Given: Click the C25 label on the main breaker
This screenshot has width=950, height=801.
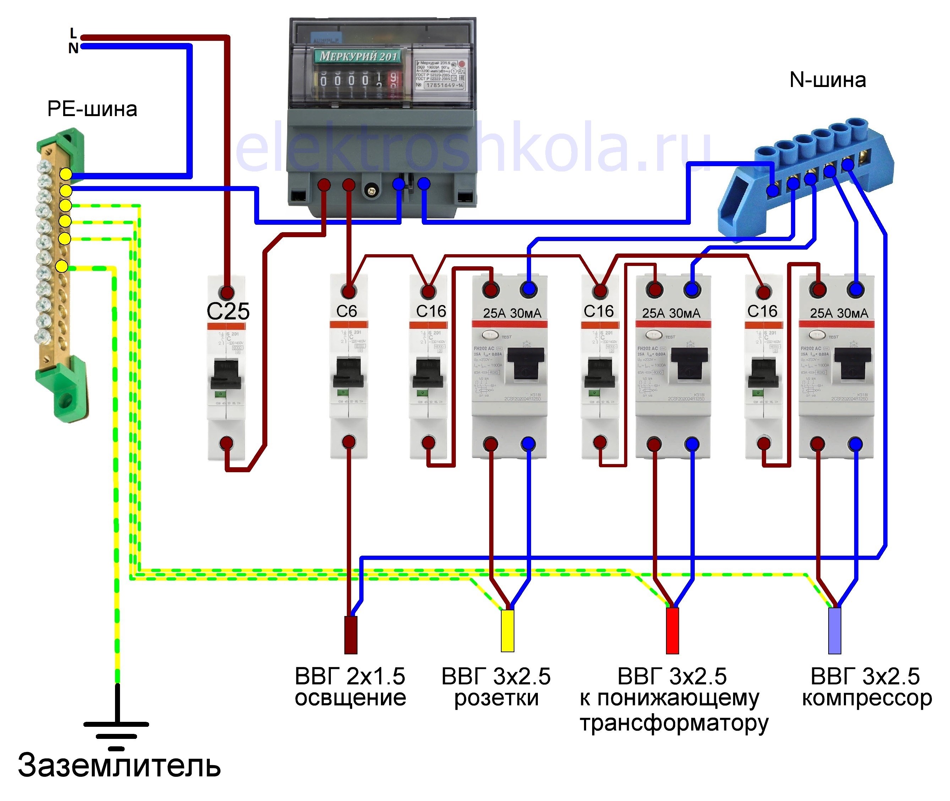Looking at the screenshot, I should coord(228,311).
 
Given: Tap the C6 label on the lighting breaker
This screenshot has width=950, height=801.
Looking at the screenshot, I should coord(346,311).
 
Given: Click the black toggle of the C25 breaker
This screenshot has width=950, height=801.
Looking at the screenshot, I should coord(226,373).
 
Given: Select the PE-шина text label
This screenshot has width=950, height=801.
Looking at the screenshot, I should coord(92,109).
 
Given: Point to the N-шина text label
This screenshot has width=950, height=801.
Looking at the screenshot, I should coord(828,80).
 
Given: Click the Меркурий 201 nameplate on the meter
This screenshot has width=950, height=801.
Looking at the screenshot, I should coord(358,56).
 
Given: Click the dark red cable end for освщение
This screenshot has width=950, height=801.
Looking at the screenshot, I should coord(351,635).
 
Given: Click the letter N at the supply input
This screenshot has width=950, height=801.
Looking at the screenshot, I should coord(73,48).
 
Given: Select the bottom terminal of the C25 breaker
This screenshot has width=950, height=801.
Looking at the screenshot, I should coord(226,443).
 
